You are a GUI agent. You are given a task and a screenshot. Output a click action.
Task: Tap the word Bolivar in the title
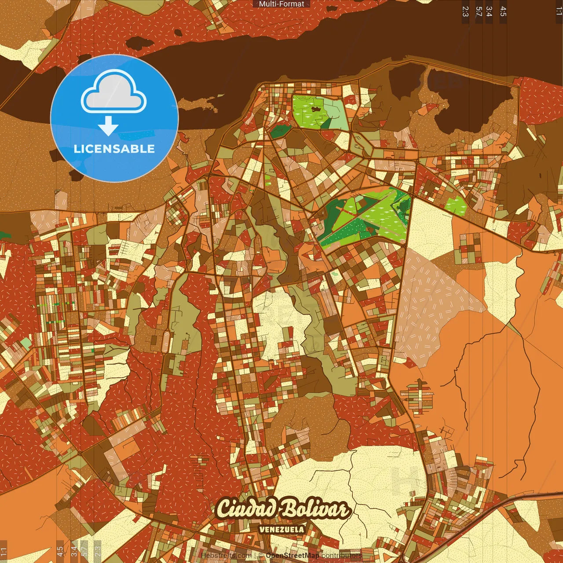pos(315,509)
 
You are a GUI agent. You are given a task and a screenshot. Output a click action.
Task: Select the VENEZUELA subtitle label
pos(281,529)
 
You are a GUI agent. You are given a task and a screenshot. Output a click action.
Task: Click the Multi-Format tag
pos(281,4)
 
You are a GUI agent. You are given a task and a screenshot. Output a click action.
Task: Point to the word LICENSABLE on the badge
pos(114,149)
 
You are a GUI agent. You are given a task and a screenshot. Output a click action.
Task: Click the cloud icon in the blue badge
pos(113,92)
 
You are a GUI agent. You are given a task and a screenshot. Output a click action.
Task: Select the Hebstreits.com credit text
pos(226,556)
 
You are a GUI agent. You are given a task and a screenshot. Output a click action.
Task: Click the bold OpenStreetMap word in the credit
pos(292,556)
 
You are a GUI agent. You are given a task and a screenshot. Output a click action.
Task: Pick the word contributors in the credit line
pos(342,556)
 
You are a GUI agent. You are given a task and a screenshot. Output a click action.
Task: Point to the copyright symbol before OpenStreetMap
pos(261,556)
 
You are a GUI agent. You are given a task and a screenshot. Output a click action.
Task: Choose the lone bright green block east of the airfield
pos(456,205)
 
